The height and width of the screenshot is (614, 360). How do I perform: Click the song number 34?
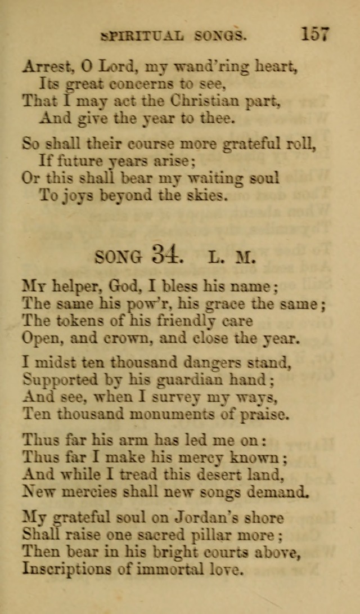(166, 256)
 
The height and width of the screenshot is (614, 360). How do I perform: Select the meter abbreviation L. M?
(231, 258)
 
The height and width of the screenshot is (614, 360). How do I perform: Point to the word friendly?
(173, 322)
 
